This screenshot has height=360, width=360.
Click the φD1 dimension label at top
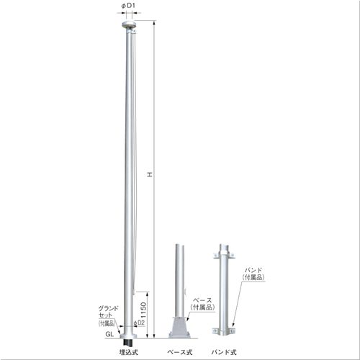(x=128, y=6)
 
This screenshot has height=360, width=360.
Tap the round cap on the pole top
(x=129, y=24)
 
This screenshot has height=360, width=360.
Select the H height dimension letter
(x=150, y=174)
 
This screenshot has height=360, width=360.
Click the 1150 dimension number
(x=143, y=310)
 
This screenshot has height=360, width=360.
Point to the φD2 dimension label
(x=139, y=323)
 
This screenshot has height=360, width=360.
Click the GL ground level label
(x=109, y=334)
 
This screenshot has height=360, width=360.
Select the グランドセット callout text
(x=109, y=312)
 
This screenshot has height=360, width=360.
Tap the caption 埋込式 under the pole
(x=129, y=352)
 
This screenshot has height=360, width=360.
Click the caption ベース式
(x=180, y=352)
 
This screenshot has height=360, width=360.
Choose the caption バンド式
(x=224, y=352)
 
